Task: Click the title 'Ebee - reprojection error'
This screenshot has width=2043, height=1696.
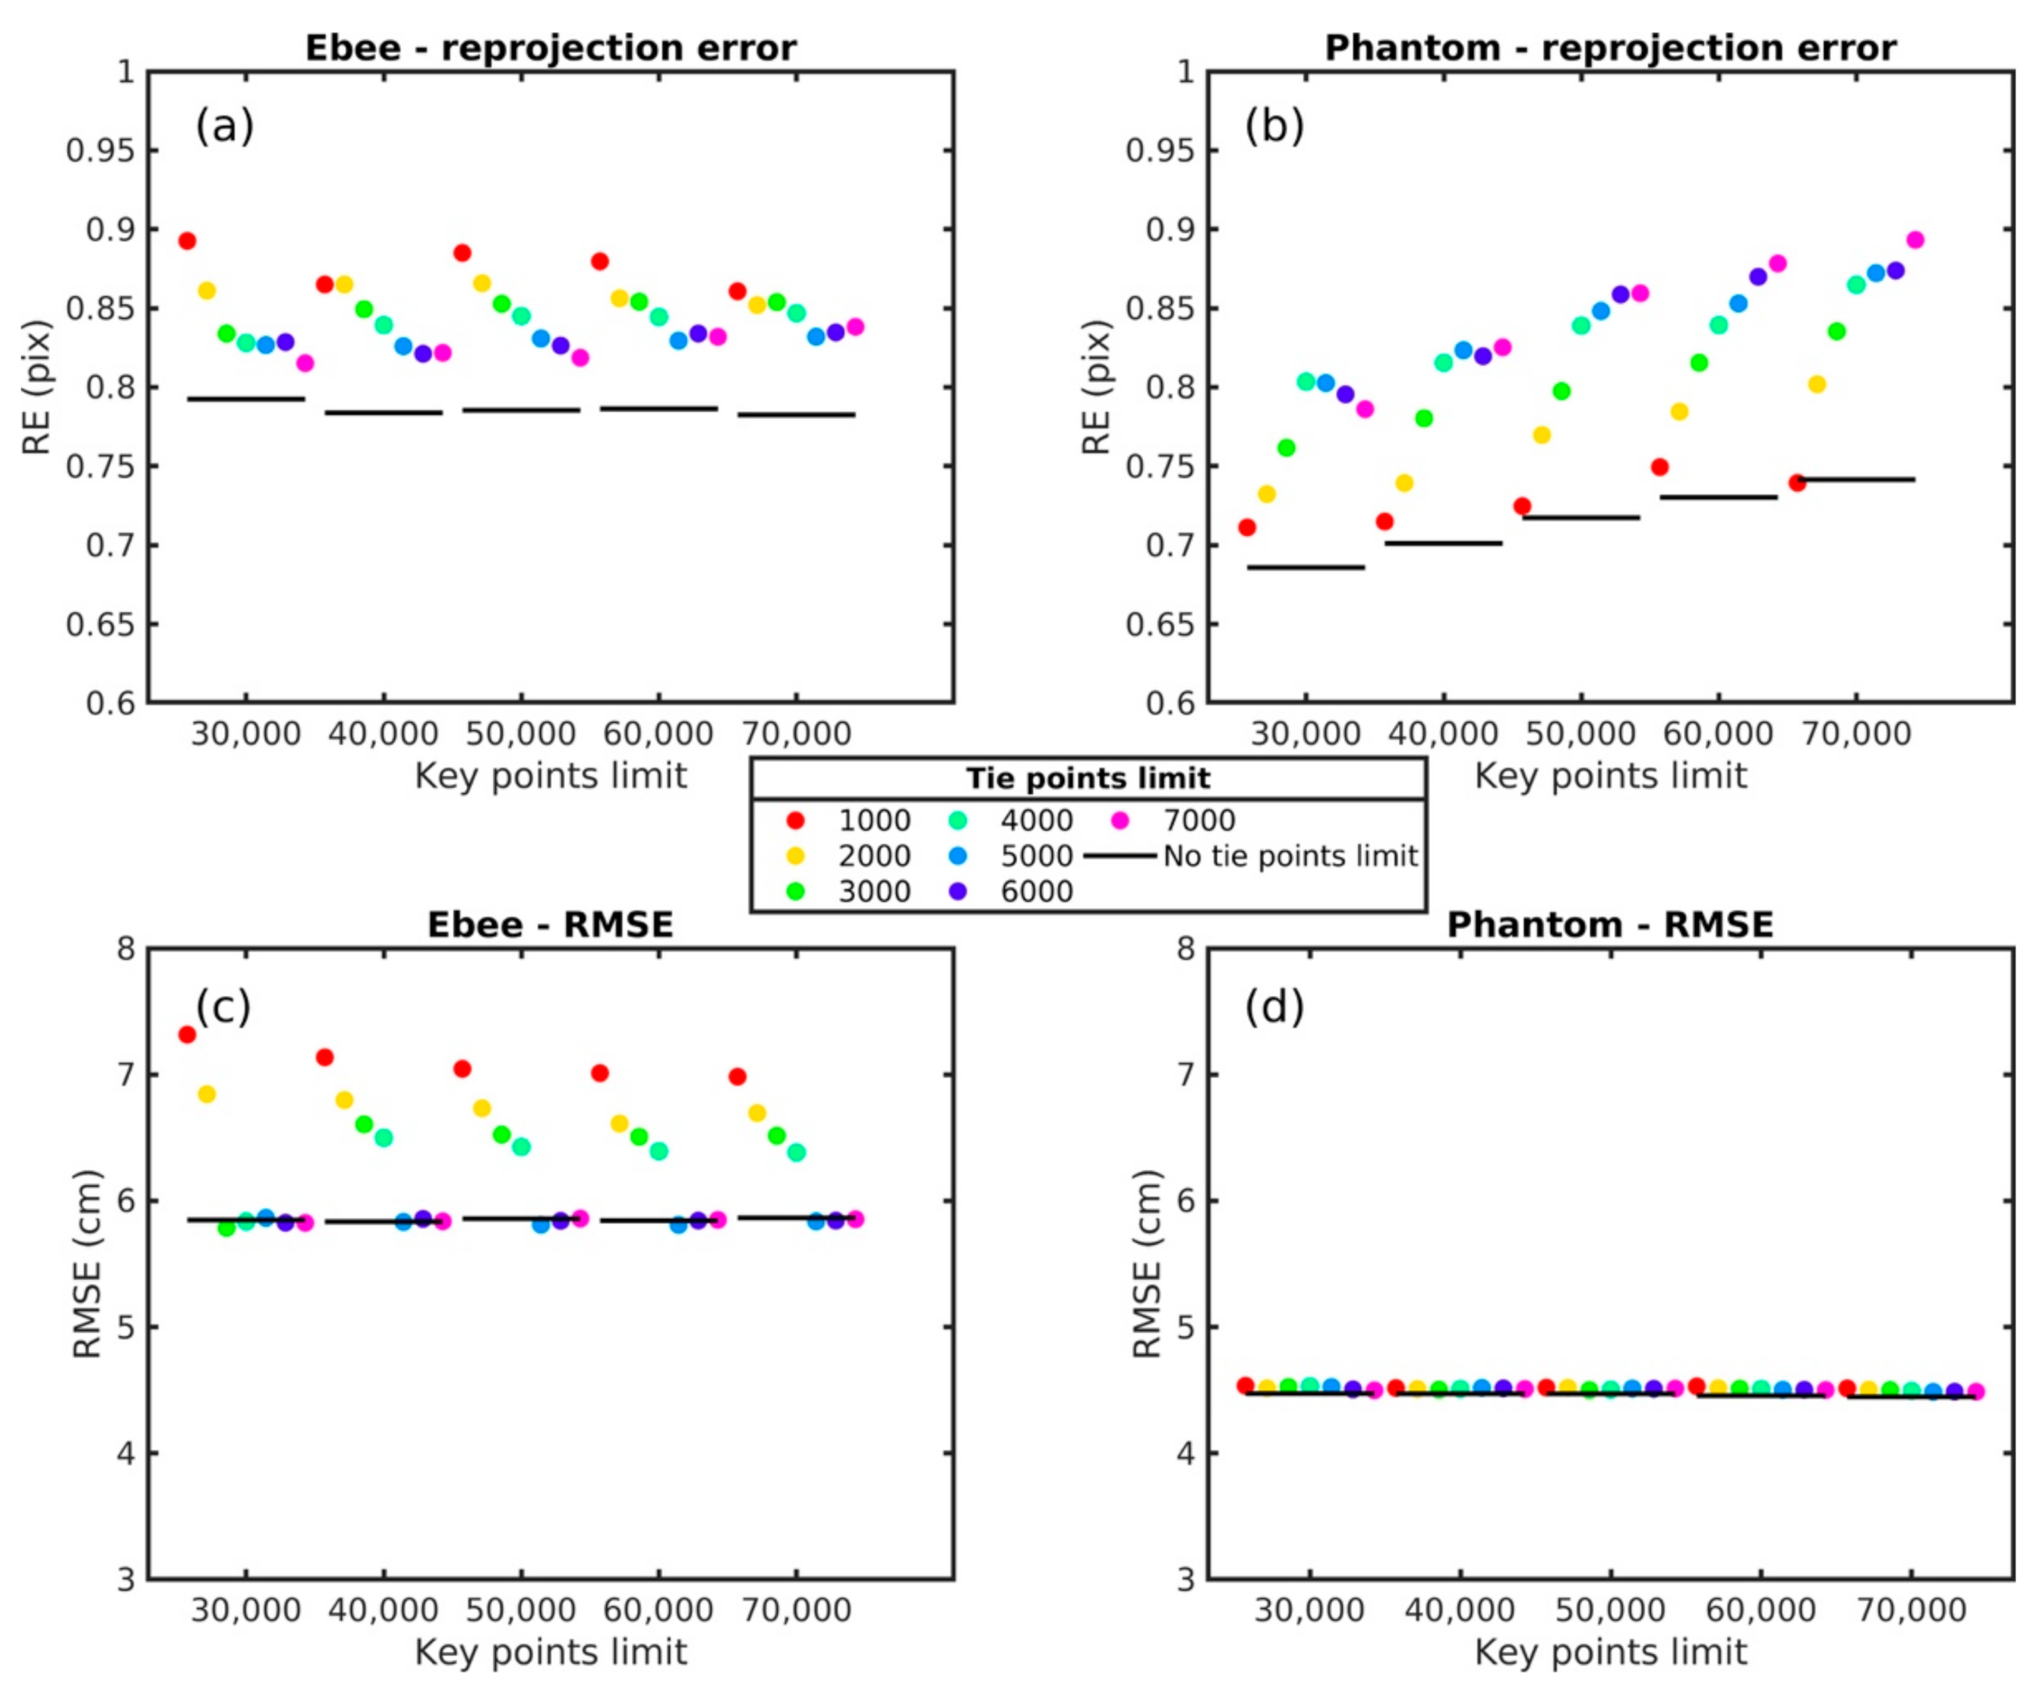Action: point(551,48)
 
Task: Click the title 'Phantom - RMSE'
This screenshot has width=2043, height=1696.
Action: point(1610,924)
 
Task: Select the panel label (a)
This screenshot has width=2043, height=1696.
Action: point(225,125)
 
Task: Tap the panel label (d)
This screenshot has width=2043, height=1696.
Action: point(1274,1006)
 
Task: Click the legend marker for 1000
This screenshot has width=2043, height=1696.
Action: point(796,821)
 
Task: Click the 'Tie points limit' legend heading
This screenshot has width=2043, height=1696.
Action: point(1088,778)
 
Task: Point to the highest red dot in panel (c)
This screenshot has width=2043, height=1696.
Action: point(187,1035)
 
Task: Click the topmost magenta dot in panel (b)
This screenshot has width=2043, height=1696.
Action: point(1915,240)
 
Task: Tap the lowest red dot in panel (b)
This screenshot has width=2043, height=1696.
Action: point(1246,527)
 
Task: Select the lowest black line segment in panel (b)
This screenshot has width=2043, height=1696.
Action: point(1306,567)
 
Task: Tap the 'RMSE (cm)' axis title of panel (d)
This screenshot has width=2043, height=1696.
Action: point(1148,1264)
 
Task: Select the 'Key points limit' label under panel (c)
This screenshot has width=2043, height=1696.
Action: point(551,1652)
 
